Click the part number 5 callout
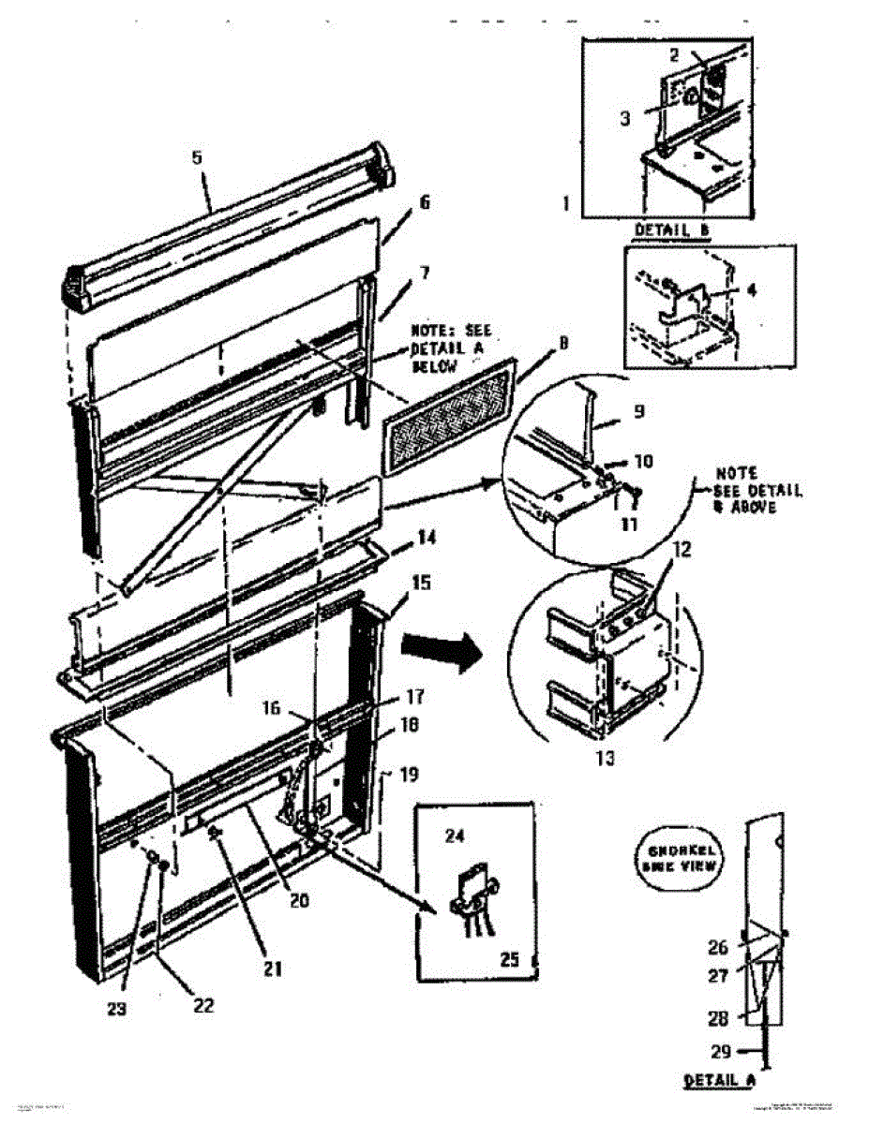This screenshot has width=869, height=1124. [197, 157]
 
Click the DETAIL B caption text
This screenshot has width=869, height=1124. [669, 229]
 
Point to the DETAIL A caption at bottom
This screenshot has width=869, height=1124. [719, 1080]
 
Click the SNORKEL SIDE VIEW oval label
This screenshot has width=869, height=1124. [683, 858]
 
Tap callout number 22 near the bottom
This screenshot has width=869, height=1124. [202, 1005]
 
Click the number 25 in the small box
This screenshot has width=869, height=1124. [509, 959]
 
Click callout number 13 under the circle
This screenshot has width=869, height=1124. [607, 758]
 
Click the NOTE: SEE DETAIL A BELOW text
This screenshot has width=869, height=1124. [450, 348]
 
